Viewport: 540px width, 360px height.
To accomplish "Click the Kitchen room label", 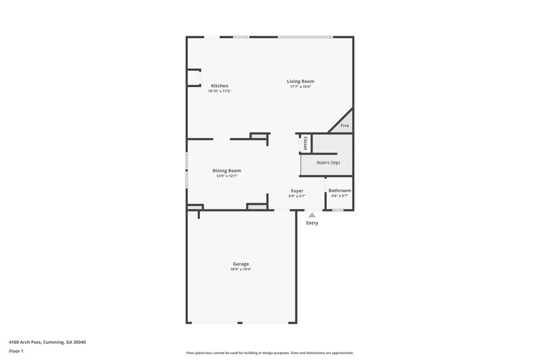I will (x=219, y=86).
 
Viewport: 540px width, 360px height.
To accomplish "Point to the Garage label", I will (x=241, y=263).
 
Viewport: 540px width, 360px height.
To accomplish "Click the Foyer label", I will (x=297, y=191).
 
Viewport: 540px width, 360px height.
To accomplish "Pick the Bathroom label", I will (x=340, y=191).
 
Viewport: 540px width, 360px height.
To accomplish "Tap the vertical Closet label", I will (x=305, y=143).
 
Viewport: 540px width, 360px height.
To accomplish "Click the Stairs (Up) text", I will (x=328, y=163).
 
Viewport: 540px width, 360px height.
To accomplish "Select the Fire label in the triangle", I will (x=344, y=126).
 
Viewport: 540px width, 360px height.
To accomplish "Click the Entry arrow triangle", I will (x=312, y=215).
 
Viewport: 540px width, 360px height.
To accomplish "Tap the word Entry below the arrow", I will (x=312, y=223).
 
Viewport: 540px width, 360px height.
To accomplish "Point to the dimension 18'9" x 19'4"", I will (x=241, y=269).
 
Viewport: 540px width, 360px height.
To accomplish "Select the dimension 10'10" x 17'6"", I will (x=219, y=91).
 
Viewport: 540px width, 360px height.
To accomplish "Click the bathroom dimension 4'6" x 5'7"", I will (x=340, y=197).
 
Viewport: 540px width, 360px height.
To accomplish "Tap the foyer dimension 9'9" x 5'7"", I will (x=297, y=197).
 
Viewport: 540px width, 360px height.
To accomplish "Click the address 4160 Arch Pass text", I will (x=47, y=342).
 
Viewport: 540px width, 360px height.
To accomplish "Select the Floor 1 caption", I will (x=17, y=352).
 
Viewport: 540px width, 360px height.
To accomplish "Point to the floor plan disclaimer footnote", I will (x=270, y=353).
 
